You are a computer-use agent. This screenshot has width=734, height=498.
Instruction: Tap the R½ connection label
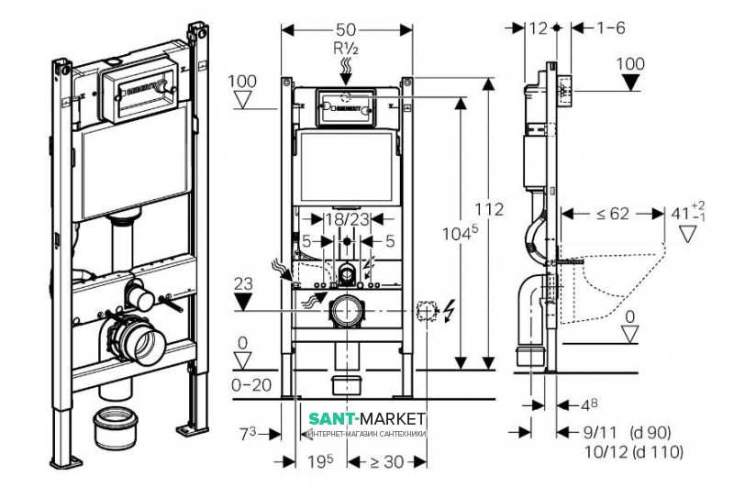[347, 49]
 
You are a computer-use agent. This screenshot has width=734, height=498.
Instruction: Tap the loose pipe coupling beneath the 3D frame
[117, 427]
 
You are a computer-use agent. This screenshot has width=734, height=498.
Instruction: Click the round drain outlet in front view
[347, 312]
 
